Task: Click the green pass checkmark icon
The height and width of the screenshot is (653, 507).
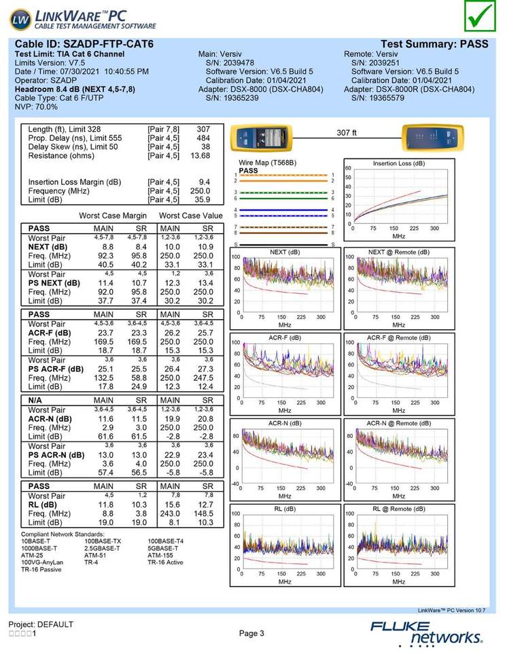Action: pyautogui.click(x=481, y=16)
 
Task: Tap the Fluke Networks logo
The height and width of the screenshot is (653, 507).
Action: pyautogui.click(x=427, y=632)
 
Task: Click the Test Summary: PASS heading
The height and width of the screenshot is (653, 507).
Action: pyautogui.click(x=434, y=44)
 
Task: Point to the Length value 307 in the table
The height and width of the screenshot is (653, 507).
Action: pyautogui.click(x=203, y=129)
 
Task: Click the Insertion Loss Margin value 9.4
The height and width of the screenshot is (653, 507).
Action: pyautogui.click(x=205, y=182)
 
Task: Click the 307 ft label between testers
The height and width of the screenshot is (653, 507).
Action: pyautogui.click(x=347, y=133)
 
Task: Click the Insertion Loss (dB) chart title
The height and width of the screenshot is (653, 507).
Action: pyautogui.click(x=399, y=164)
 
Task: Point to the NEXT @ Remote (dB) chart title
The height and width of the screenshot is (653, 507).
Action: pyautogui.click(x=399, y=252)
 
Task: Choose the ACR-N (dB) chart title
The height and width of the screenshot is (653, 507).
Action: pyautogui.click(x=285, y=423)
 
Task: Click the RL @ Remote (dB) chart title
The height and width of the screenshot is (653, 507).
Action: pyautogui.click(x=399, y=509)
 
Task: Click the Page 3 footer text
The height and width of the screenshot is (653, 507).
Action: pyautogui.click(x=251, y=633)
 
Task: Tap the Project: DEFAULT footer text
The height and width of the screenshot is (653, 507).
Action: pyautogui.click(x=41, y=624)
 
